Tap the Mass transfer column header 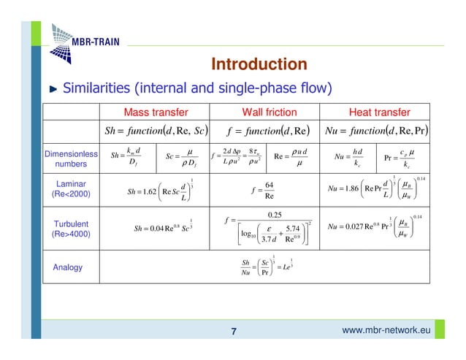[x=156, y=112]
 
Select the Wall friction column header [x=269, y=112]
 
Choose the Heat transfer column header [x=370, y=112]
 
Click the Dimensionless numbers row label [x=70, y=159]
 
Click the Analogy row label [x=68, y=267]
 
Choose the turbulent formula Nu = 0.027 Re [x=373, y=227]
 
